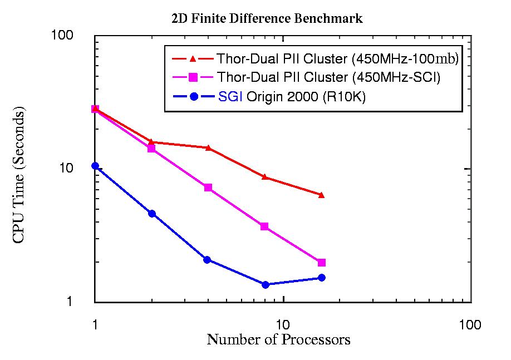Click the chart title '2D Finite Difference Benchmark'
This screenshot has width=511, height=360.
[267, 19]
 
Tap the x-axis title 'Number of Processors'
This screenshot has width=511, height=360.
[278, 339]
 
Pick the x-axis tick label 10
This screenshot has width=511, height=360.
[283, 325]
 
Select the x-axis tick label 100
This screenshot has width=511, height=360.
[470, 325]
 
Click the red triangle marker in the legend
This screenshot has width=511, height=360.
[193, 58]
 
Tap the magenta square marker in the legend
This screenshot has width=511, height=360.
[193, 77]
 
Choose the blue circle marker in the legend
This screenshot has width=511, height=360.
[193, 97]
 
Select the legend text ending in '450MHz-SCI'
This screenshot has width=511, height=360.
[328, 77]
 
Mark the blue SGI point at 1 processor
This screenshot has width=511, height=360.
[95, 166]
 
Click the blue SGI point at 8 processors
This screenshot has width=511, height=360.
[265, 285]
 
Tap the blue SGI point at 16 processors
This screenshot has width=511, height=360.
[321, 278]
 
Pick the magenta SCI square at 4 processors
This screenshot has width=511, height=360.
[208, 188]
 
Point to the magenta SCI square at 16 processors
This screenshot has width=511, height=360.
[321, 263]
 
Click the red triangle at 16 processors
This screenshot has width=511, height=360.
[321, 195]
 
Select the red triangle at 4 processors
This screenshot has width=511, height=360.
[208, 147]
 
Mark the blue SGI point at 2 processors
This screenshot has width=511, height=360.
[152, 214]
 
